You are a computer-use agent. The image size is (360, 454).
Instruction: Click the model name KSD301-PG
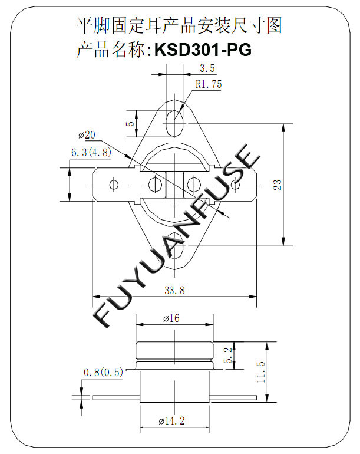pyautogui.click(x=203, y=50)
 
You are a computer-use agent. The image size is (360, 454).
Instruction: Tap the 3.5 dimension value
pyautogui.click(x=207, y=68)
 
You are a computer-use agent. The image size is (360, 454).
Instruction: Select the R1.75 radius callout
pyautogui.click(x=209, y=84)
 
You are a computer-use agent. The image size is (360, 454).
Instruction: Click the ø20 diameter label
pyautogui.click(x=87, y=134)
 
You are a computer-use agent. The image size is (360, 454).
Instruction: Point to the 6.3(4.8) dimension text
pyautogui.click(x=91, y=152)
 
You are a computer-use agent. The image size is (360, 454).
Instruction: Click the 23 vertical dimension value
pyautogui.click(x=278, y=185)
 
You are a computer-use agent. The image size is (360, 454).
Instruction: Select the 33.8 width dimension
pyautogui.click(x=174, y=290)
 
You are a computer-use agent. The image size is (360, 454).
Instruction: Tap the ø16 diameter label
pyautogui.click(x=171, y=318)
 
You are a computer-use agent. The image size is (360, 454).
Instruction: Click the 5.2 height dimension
pyautogui.click(x=229, y=356)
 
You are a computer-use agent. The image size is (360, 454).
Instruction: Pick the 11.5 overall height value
pyautogui.click(x=261, y=372)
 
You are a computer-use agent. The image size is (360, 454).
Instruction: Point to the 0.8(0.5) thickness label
pyautogui.click(x=103, y=373)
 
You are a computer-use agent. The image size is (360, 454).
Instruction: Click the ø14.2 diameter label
pyautogui.click(x=171, y=421)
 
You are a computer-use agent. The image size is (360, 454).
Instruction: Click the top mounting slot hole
pyautogui.click(x=174, y=123)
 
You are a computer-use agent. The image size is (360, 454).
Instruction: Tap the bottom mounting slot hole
pyautogui.click(x=175, y=245)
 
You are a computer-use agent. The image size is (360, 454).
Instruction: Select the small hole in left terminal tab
pyautogui.click(x=114, y=185)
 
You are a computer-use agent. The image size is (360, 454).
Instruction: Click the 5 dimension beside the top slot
pyautogui.click(x=131, y=123)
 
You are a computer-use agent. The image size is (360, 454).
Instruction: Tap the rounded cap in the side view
pyautogui.click(x=175, y=351)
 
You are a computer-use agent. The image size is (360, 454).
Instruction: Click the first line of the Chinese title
pyautogui.click(x=180, y=25)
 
